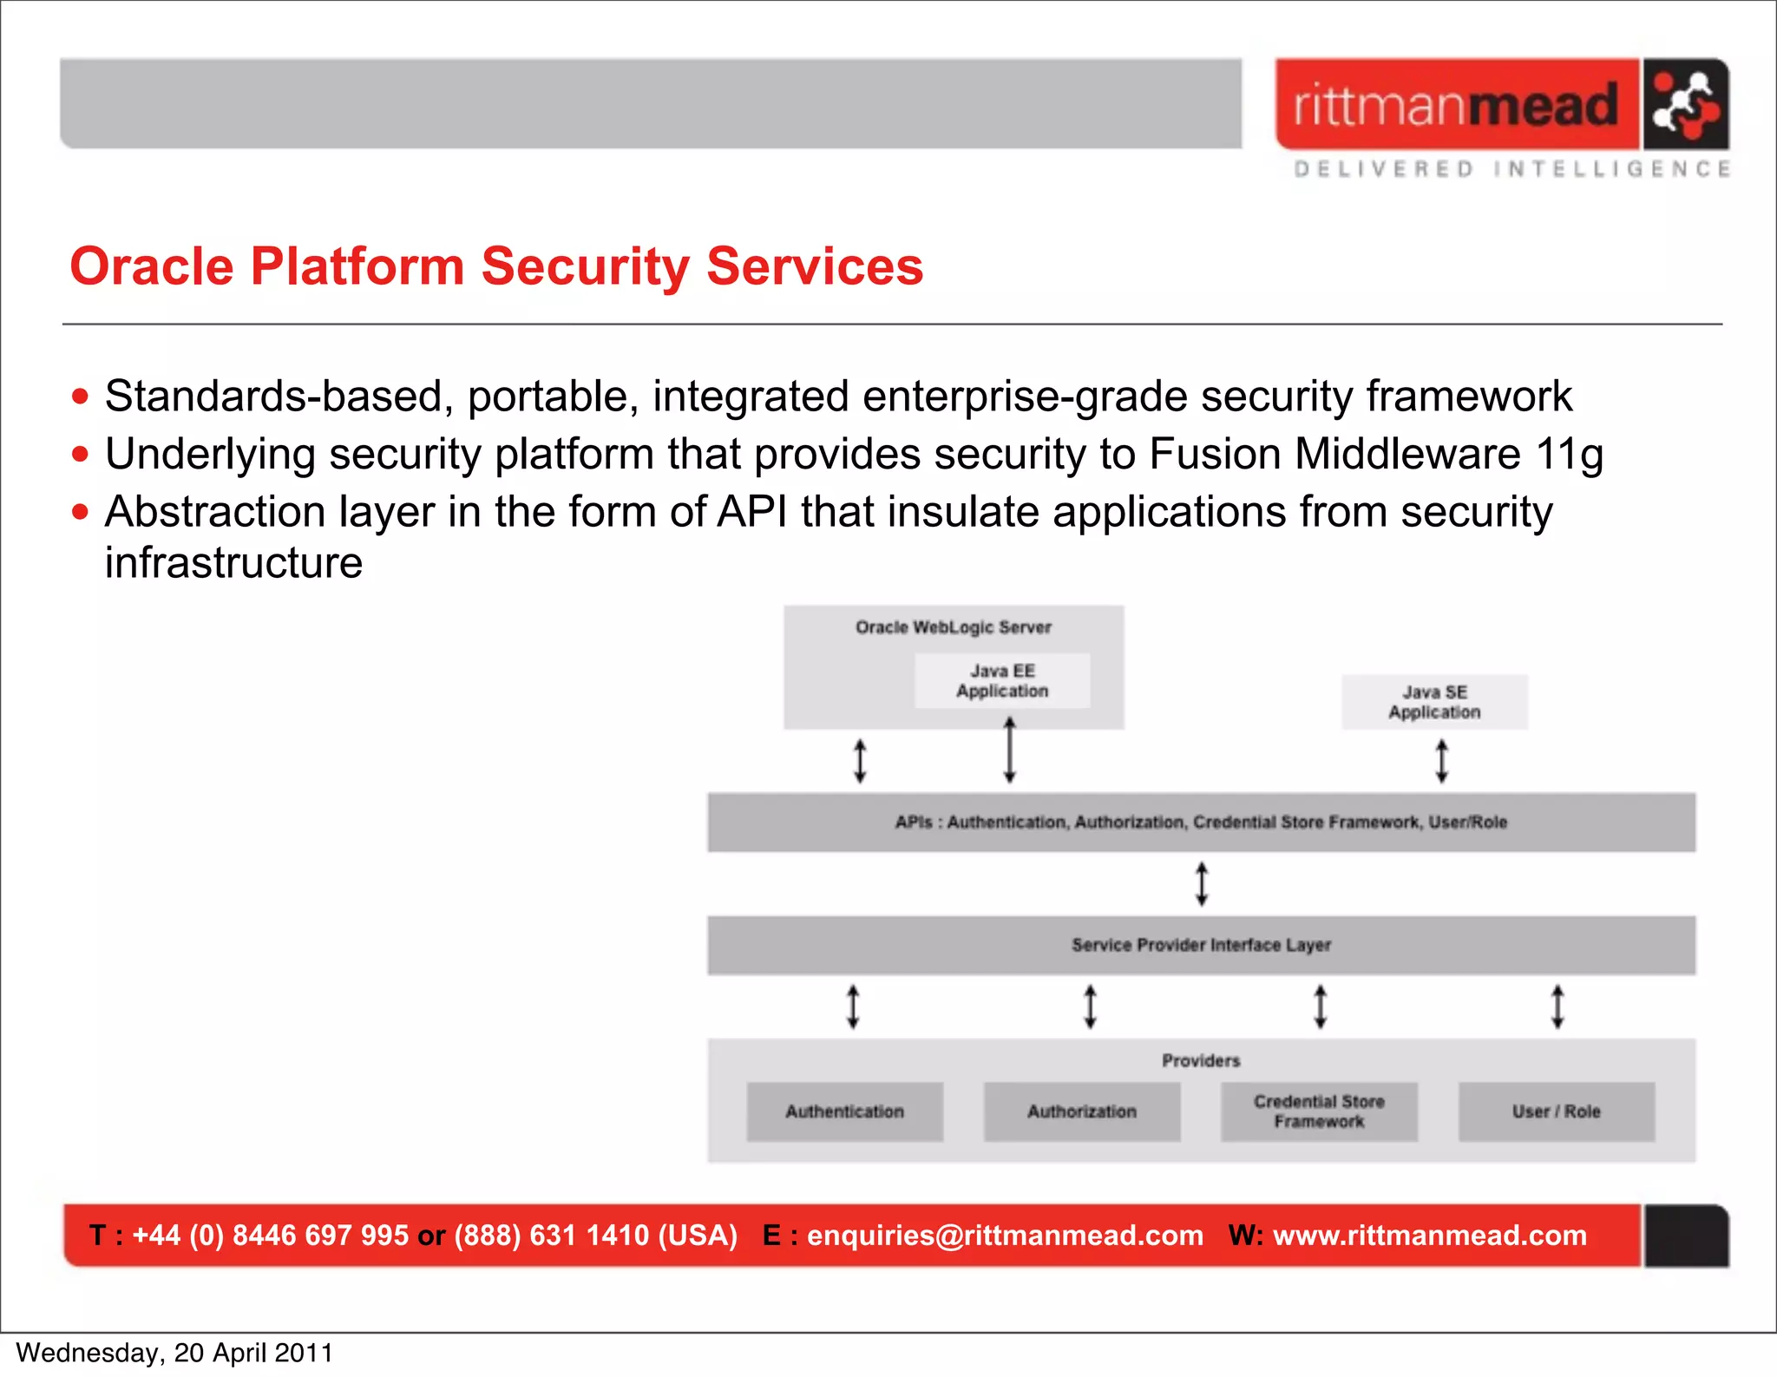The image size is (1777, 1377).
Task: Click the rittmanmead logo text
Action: (1456, 105)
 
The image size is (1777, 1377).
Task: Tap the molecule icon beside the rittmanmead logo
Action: (1684, 105)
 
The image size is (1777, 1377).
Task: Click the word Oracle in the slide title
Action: (151, 266)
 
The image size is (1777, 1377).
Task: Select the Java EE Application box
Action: (1002, 681)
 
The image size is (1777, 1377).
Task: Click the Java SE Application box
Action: (1434, 702)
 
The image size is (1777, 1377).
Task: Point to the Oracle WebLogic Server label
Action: (953, 627)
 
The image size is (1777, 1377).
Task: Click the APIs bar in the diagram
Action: (1201, 822)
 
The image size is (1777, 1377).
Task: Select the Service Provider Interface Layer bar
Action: (1201, 945)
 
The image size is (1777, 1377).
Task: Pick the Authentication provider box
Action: (844, 1111)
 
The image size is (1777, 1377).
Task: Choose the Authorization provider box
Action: (1081, 1111)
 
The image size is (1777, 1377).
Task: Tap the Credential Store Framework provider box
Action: (1319, 1111)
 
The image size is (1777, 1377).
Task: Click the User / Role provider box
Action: (1556, 1111)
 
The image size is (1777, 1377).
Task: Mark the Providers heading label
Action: (1201, 1060)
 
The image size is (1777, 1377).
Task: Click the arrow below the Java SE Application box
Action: (1441, 761)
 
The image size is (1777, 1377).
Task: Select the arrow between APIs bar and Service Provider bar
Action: (1202, 883)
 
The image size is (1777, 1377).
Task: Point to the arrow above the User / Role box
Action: (1557, 1007)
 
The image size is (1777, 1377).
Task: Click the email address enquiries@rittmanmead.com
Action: (1005, 1235)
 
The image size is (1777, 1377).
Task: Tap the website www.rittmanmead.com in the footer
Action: (1429, 1235)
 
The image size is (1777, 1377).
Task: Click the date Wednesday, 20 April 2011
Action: (174, 1353)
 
